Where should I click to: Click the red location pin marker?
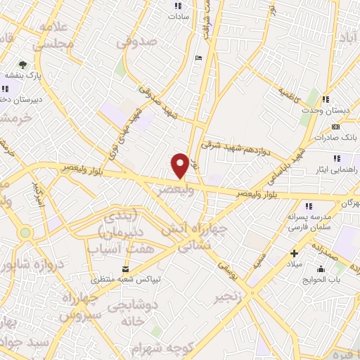pos(180,165)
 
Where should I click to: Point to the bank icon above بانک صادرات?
pos(335,127)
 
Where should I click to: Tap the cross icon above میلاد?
pos(294,253)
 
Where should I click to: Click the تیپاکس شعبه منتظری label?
pos(124,278)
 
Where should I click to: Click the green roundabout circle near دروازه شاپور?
pos(26,233)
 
